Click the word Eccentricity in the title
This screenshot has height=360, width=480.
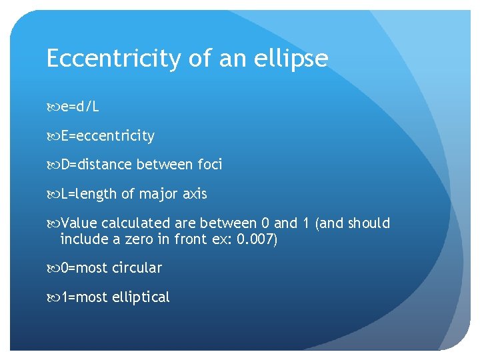113,59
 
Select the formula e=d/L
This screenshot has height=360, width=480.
79,107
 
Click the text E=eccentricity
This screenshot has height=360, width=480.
107,136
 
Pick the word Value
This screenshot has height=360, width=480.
78,223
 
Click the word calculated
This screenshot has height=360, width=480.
135,223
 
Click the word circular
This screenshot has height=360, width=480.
137,268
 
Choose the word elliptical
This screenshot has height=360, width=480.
141,297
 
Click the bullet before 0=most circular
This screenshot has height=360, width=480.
52,268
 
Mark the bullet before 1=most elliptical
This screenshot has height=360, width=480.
52,297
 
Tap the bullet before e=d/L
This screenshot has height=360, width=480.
52,107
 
